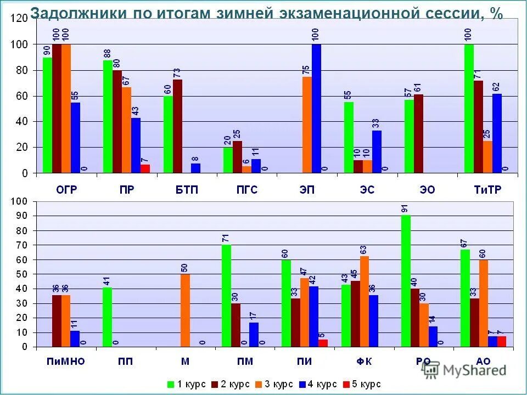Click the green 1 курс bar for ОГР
tap(47, 115)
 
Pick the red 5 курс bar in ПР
tap(145, 168)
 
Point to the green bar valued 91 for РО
tap(406, 281)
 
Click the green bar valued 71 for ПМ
tap(226, 296)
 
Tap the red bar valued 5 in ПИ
tap(323, 343)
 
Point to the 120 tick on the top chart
tap(18, 19)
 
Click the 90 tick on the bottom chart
tap(21, 216)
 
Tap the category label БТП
tap(187, 190)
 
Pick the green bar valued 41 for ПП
tap(106, 317)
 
